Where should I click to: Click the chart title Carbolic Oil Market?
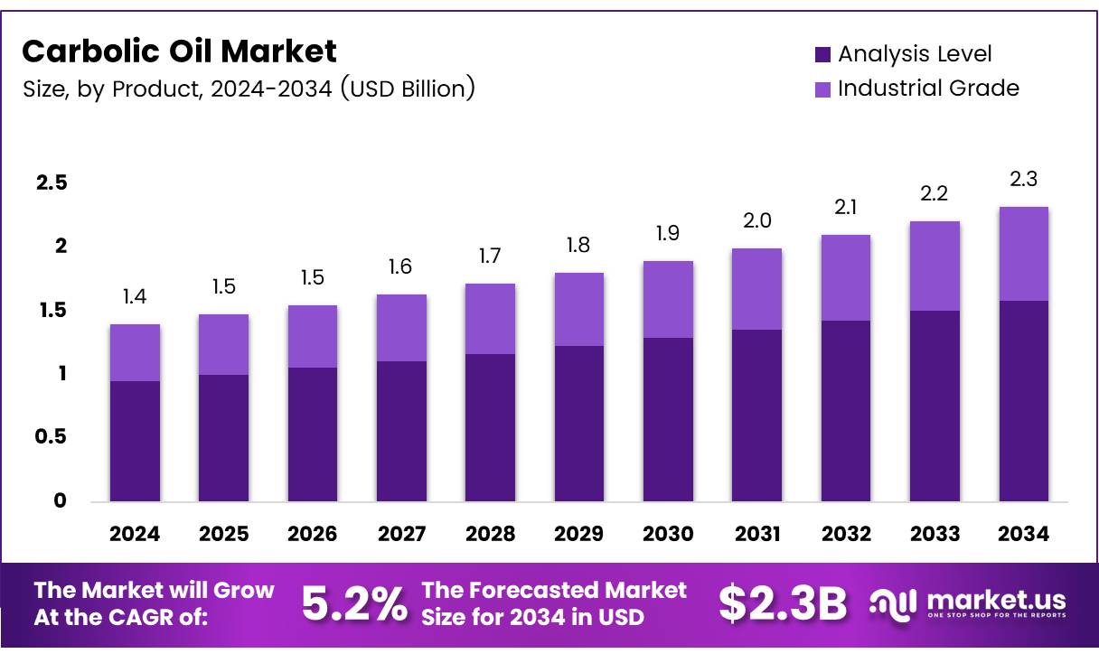click(x=179, y=51)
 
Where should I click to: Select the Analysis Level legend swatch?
click(x=822, y=55)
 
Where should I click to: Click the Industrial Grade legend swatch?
click(x=822, y=89)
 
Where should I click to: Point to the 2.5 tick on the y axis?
click(x=52, y=183)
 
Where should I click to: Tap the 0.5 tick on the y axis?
click(x=52, y=437)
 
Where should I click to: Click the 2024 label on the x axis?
click(x=135, y=534)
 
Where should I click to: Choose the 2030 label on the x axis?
click(x=668, y=534)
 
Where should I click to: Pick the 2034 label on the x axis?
click(x=1023, y=534)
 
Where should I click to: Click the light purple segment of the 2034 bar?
click(x=1023, y=254)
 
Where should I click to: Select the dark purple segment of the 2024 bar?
click(x=135, y=441)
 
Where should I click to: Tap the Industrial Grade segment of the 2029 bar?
click(x=579, y=309)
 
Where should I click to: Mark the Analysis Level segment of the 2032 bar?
click(x=846, y=411)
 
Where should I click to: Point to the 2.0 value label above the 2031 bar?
click(x=756, y=221)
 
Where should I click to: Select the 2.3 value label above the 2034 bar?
click(x=1023, y=180)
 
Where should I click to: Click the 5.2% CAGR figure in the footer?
click(x=353, y=604)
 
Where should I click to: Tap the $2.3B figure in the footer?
click(x=783, y=604)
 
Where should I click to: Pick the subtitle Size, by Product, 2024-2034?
click(x=249, y=89)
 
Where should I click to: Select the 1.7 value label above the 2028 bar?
click(x=490, y=257)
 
